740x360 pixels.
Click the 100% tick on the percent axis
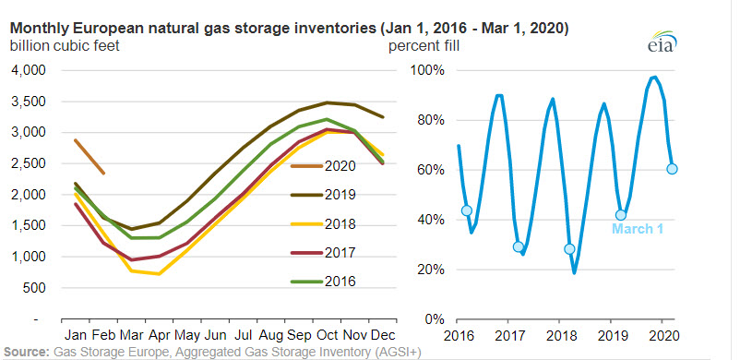click(x=428, y=70)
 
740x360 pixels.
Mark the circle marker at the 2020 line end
click(x=673, y=169)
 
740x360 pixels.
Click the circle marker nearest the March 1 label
click(x=621, y=215)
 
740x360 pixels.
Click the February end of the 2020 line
click(x=103, y=173)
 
